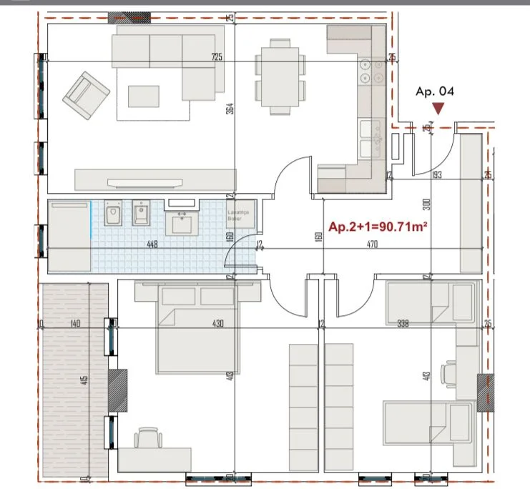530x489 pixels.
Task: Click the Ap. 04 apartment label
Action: (x=435, y=91)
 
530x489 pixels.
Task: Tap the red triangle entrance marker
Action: (x=437, y=109)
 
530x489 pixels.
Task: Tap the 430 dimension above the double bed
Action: (x=217, y=324)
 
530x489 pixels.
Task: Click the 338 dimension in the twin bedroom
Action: (x=403, y=324)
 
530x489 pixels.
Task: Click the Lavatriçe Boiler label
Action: (x=240, y=216)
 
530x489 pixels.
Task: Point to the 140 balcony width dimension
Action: (x=74, y=324)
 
